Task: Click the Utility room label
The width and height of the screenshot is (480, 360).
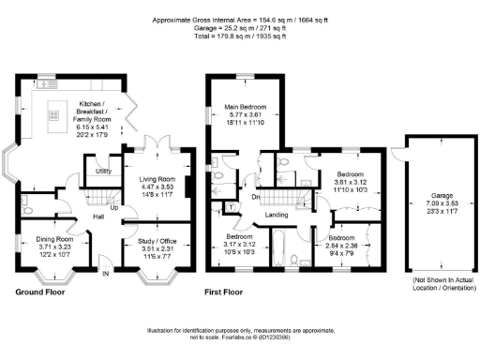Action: pos(104,172)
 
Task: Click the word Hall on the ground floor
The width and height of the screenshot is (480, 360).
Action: pos(97,217)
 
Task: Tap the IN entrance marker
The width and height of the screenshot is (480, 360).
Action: pos(105,274)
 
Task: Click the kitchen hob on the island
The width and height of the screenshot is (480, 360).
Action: pos(52,116)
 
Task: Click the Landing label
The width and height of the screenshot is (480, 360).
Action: pos(277,216)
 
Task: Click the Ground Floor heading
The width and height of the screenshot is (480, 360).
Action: pos(40,292)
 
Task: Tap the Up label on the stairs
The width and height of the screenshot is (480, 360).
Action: pos(114,208)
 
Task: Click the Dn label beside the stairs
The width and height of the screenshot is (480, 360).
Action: pos(255,198)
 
